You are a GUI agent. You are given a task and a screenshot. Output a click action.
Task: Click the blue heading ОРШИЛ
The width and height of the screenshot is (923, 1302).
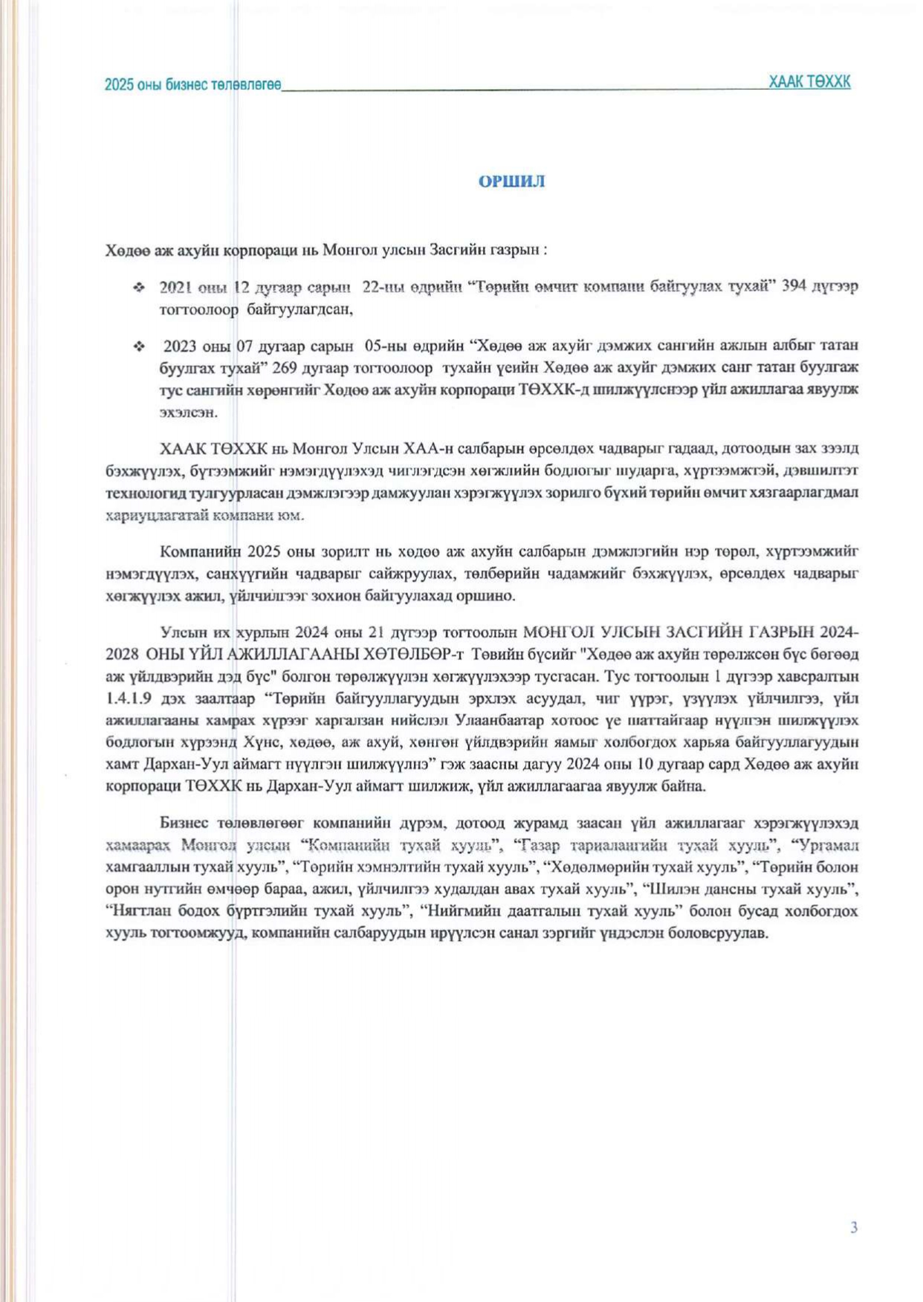point(511,182)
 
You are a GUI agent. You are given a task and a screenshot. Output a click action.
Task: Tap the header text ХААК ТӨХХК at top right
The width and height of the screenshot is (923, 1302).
point(809,82)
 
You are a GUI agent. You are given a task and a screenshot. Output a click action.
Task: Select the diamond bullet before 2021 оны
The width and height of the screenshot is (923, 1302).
point(138,287)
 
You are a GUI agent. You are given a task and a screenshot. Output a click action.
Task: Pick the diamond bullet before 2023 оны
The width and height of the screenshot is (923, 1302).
point(138,346)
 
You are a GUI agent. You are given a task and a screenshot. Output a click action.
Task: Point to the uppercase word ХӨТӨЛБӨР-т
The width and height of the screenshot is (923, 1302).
point(412,655)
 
